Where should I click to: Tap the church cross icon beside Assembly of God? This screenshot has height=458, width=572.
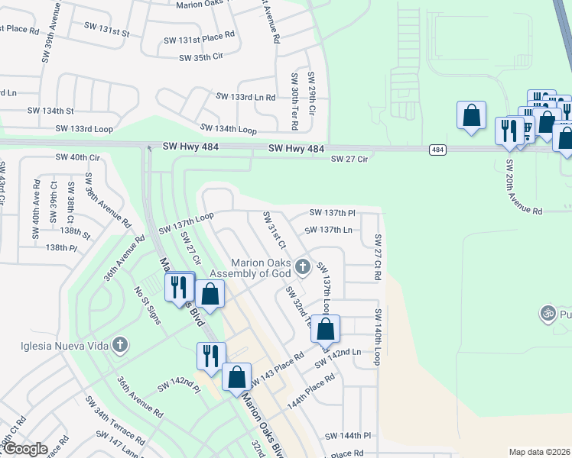tap(303, 267)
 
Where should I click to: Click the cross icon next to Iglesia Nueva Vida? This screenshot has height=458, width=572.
tap(119, 345)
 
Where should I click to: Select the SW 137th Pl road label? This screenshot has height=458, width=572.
tap(333, 212)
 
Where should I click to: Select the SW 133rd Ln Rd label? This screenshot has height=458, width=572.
tap(245, 97)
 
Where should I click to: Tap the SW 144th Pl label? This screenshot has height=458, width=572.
tap(347, 436)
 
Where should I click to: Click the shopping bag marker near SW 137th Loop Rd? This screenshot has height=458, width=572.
tap(325, 329)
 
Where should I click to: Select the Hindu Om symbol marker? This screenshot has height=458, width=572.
tap(547, 313)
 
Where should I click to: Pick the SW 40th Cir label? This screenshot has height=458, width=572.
tap(78, 157)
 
